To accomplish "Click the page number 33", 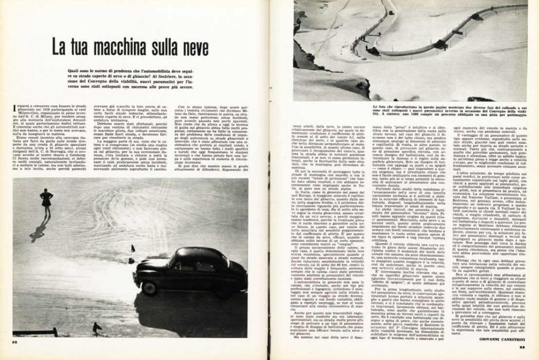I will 523,347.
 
